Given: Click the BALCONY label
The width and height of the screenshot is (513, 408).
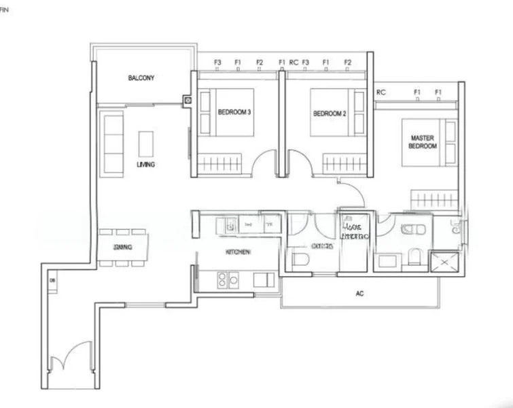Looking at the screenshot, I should click(x=141, y=78).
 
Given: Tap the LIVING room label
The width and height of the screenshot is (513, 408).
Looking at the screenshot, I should click(x=145, y=165).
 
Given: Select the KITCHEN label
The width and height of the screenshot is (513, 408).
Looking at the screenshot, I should click(x=238, y=252).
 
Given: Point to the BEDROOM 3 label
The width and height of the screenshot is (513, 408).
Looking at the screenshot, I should click(x=235, y=112).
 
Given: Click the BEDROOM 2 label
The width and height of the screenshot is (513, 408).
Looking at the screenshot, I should click(x=330, y=114).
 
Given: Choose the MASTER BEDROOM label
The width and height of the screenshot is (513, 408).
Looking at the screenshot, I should click(x=423, y=141).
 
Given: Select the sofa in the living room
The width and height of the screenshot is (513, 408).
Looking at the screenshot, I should click(x=112, y=143).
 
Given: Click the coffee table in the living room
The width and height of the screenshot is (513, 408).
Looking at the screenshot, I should click(x=146, y=143).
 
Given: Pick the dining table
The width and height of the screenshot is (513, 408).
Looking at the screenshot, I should click(x=123, y=246).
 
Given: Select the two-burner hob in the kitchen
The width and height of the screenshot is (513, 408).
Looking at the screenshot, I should click(x=227, y=279).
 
